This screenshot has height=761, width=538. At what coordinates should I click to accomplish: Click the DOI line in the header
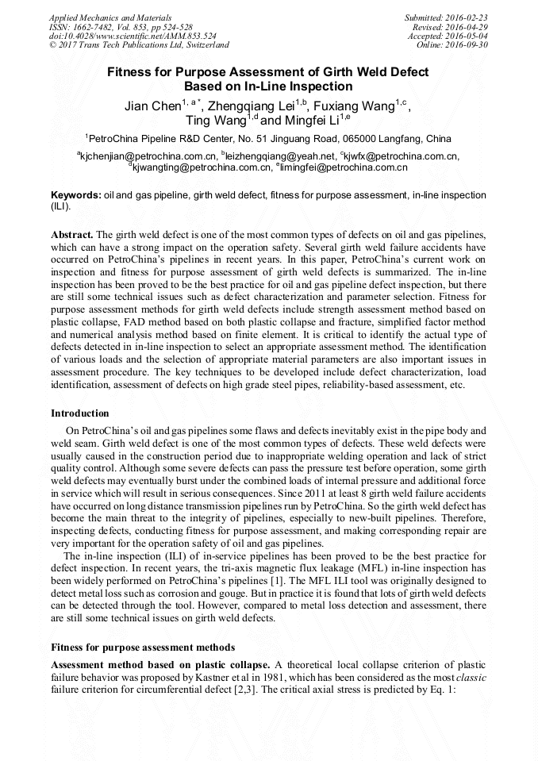click(133, 36)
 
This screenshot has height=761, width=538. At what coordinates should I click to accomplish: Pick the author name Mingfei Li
click(312, 121)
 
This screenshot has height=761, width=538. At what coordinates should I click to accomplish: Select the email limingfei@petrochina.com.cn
click(342, 167)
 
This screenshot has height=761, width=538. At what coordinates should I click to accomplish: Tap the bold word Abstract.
click(72, 236)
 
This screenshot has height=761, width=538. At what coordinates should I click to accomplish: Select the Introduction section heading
click(80, 413)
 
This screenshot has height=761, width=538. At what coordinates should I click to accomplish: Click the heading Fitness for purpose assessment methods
click(144, 647)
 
